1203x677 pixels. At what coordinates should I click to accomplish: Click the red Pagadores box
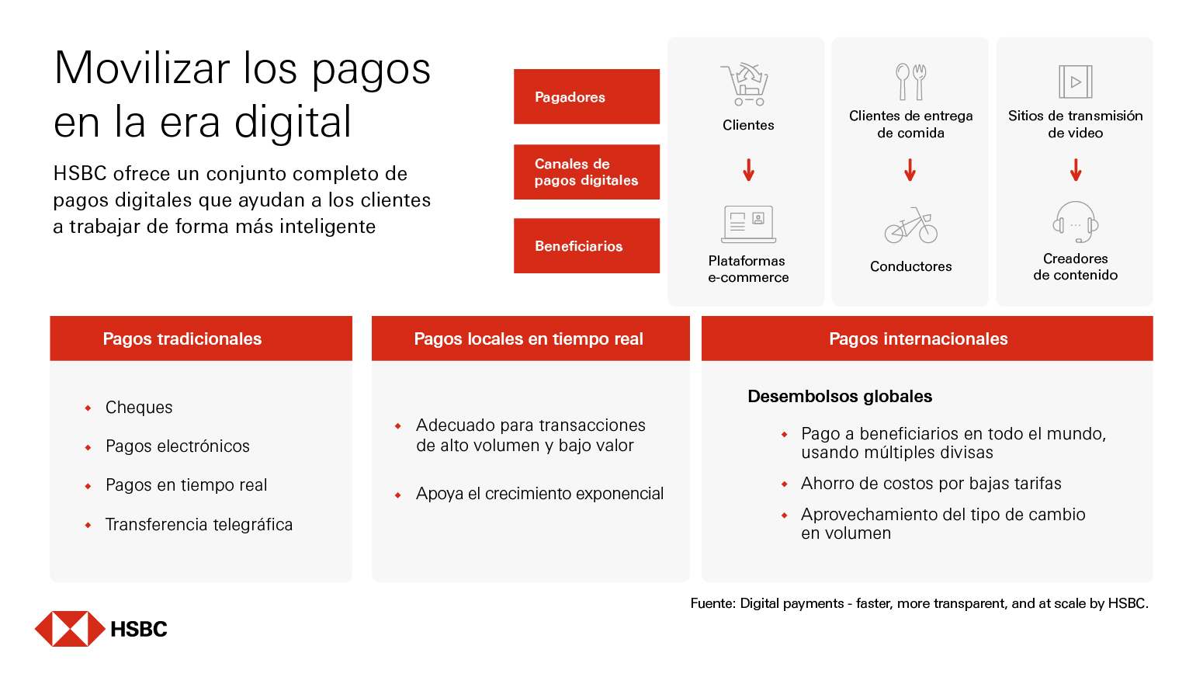[586, 97]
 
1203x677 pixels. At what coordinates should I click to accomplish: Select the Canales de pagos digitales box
[586, 172]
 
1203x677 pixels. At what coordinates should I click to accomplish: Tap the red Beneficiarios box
[586, 246]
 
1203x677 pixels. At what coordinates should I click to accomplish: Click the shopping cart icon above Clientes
[746, 84]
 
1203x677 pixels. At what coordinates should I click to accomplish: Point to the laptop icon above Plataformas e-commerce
[748, 224]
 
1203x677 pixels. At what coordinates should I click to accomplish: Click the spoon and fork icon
[910, 82]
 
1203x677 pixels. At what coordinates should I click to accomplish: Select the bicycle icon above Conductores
[910, 225]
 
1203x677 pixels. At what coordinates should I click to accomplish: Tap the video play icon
[1075, 82]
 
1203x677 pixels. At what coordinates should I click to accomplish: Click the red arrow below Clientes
[748, 170]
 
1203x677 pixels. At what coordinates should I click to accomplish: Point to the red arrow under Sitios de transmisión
[1075, 170]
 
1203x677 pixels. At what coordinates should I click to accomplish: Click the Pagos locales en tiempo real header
[530, 338]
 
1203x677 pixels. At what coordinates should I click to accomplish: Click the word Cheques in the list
[139, 408]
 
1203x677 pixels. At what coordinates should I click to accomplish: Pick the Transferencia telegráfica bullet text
[199, 525]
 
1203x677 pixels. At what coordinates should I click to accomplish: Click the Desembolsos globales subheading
[840, 397]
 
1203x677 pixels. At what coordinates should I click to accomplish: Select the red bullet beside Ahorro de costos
[785, 484]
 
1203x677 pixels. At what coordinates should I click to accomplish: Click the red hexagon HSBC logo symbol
[70, 629]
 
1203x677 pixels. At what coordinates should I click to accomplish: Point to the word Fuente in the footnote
[712, 604]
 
